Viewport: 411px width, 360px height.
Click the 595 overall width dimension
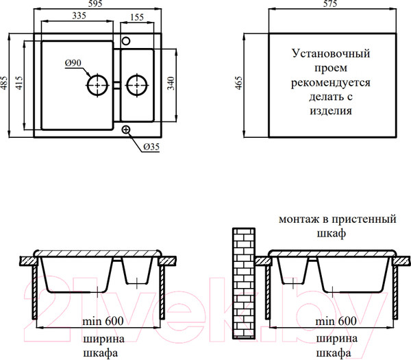click(95, 3)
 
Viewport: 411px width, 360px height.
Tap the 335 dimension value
click(79, 16)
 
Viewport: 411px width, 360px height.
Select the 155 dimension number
click(137, 17)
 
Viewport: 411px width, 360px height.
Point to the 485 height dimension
click(4, 83)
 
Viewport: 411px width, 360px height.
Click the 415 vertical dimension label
click(19, 83)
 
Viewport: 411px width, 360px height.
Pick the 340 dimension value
click(171, 83)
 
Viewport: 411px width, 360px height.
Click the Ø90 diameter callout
click(73, 63)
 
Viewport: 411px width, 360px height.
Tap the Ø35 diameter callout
click(151, 147)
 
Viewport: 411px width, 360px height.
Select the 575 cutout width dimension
click(330, 3)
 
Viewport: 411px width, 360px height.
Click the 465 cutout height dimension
click(239, 83)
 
